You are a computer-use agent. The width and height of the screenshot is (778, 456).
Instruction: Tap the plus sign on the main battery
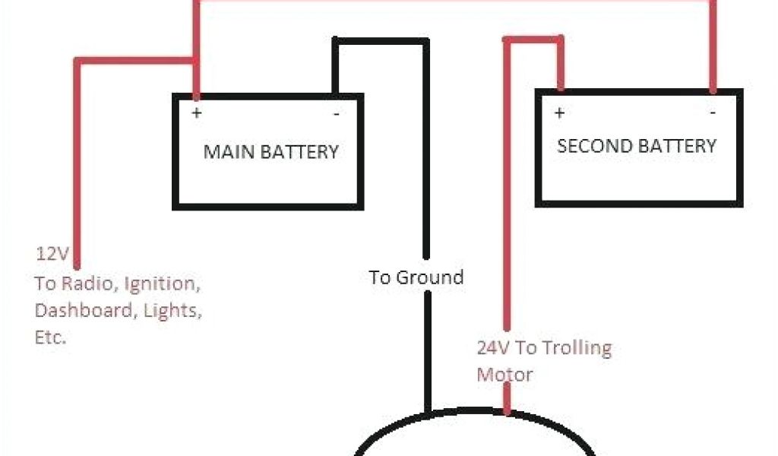[x=197, y=113]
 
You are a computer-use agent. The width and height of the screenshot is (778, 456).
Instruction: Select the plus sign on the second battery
[x=559, y=113]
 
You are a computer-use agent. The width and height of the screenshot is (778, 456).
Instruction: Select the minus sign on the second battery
[x=713, y=113]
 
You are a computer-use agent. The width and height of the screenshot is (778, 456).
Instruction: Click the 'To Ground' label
[x=416, y=277]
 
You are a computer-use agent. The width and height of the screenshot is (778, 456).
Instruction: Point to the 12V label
[x=50, y=253]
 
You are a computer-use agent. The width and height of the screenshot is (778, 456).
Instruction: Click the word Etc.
[x=50, y=337]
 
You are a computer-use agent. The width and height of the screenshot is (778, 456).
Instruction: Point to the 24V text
[x=494, y=348]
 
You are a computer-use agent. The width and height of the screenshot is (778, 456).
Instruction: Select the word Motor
[x=504, y=375]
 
